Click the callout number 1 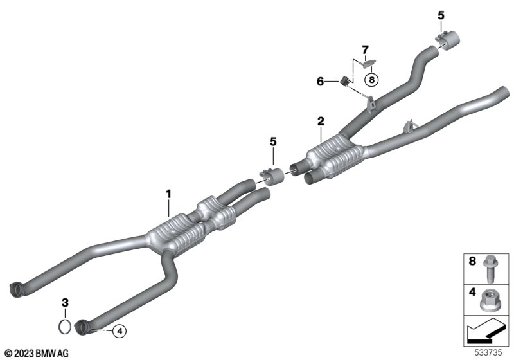pos(168,194)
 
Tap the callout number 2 pos(321,122)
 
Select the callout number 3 pos(66,302)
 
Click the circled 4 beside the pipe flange pos(120,331)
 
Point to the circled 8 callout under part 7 pos(371,79)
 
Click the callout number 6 pos(320,81)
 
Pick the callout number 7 pos(365,50)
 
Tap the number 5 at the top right pos(441,15)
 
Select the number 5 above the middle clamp pos(273,141)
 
